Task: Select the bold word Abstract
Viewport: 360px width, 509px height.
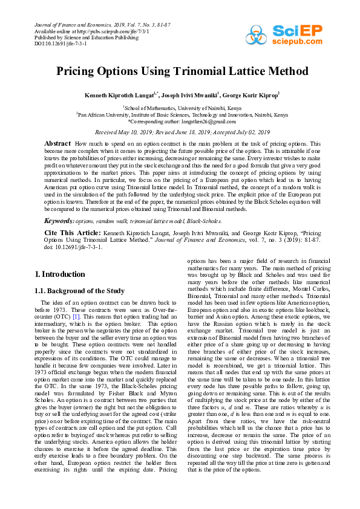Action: [x=58, y=143]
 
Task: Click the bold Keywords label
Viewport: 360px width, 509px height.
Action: [x=59, y=221]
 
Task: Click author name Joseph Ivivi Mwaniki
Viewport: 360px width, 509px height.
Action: [x=191, y=95]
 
